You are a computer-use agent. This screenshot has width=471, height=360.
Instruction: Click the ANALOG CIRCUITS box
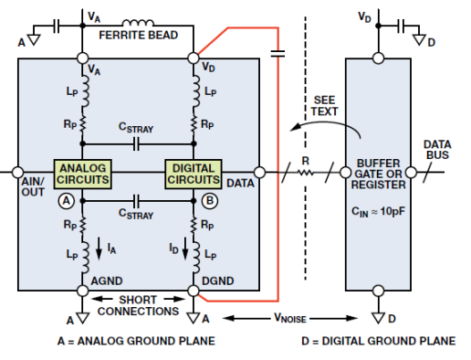[x=82, y=175]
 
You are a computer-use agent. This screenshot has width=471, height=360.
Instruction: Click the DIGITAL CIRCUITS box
[x=194, y=175]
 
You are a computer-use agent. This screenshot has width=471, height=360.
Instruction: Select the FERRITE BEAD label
[x=139, y=36]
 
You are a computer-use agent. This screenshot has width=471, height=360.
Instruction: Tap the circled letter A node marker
[x=67, y=201]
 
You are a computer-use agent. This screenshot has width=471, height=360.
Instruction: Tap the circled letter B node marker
[x=210, y=201]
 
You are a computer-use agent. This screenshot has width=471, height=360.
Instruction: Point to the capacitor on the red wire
[x=277, y=54]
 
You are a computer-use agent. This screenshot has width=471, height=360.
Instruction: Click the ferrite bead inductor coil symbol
[x=138, y=23]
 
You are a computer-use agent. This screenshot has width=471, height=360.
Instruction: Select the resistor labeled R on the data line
[x=305, y=173]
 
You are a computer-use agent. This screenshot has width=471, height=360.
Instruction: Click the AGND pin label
[x=107, y=281]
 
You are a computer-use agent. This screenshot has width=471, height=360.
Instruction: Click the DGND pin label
[x=218, y=281]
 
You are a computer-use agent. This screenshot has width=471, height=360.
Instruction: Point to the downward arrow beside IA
[x=99, y=249]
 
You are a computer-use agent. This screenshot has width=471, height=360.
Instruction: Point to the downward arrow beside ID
[x=185, y=249]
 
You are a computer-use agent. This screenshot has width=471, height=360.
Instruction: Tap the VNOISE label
[x=290, y=318]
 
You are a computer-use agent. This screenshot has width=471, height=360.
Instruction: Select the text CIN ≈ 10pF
[x=378, y=211]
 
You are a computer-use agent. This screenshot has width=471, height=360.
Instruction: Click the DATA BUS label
[x=437, y=150]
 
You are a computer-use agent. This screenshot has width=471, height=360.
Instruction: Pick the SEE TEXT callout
[x=324, y=106]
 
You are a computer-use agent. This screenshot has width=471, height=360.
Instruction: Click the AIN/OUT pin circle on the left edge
[x=17, y=172]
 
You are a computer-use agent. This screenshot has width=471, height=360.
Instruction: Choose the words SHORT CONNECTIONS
[x=138, y=305]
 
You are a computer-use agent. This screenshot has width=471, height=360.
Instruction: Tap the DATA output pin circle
[x=259, y=172]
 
